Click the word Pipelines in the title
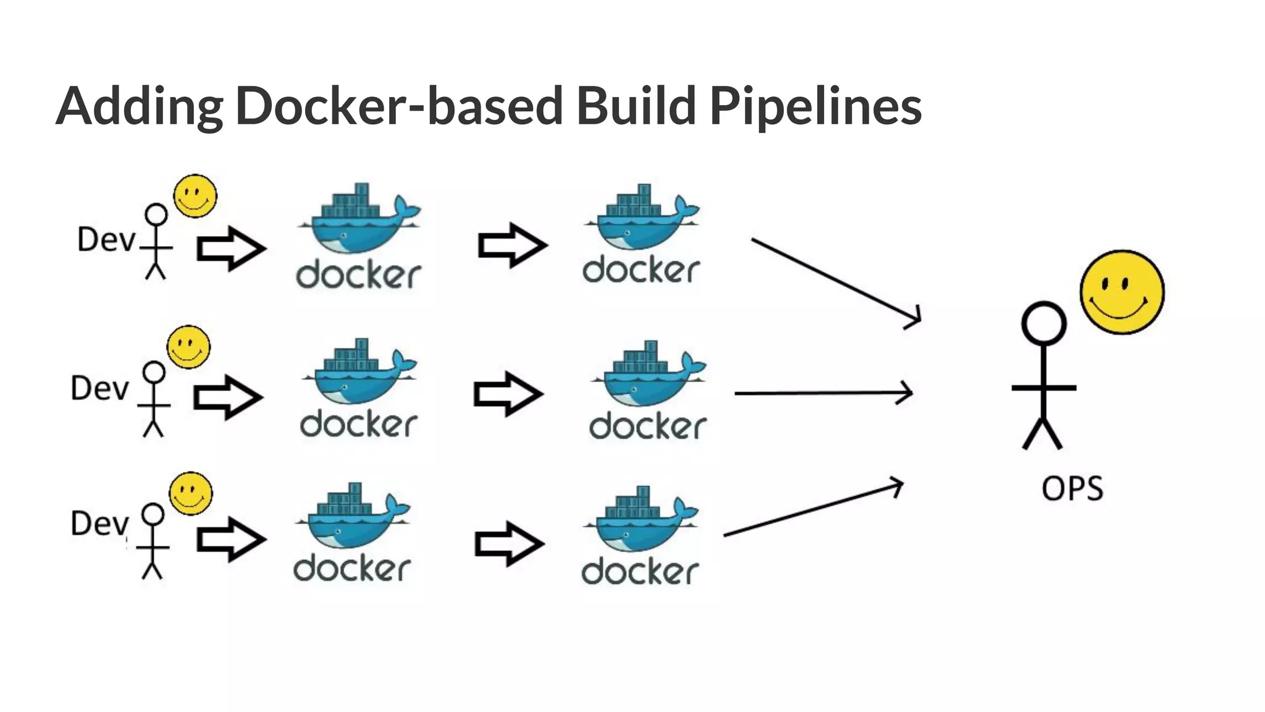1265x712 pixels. tap(815, 106)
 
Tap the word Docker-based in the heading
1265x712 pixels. tap(398, 106)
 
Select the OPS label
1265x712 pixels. tap(1072, 488)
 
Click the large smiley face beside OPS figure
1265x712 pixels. tap(1122, 292)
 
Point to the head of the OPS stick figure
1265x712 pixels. tap(1043, 323)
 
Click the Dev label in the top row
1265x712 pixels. tap(106, 240)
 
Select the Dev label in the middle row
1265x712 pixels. tap(99, 389)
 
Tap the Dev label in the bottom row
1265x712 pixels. tap(99, 523)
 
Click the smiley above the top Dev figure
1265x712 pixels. tap(195, 196)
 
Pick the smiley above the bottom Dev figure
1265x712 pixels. tap(191, 493)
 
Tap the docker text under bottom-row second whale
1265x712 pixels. tap(640, 572)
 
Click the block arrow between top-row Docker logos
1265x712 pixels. tap(512, 245)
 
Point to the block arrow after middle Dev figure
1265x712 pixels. tap(227, 397)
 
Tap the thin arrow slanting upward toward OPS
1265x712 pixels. tap(812, 509)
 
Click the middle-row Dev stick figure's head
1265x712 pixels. tap(154, 373)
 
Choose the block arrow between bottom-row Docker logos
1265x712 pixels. tap(509, 544)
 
